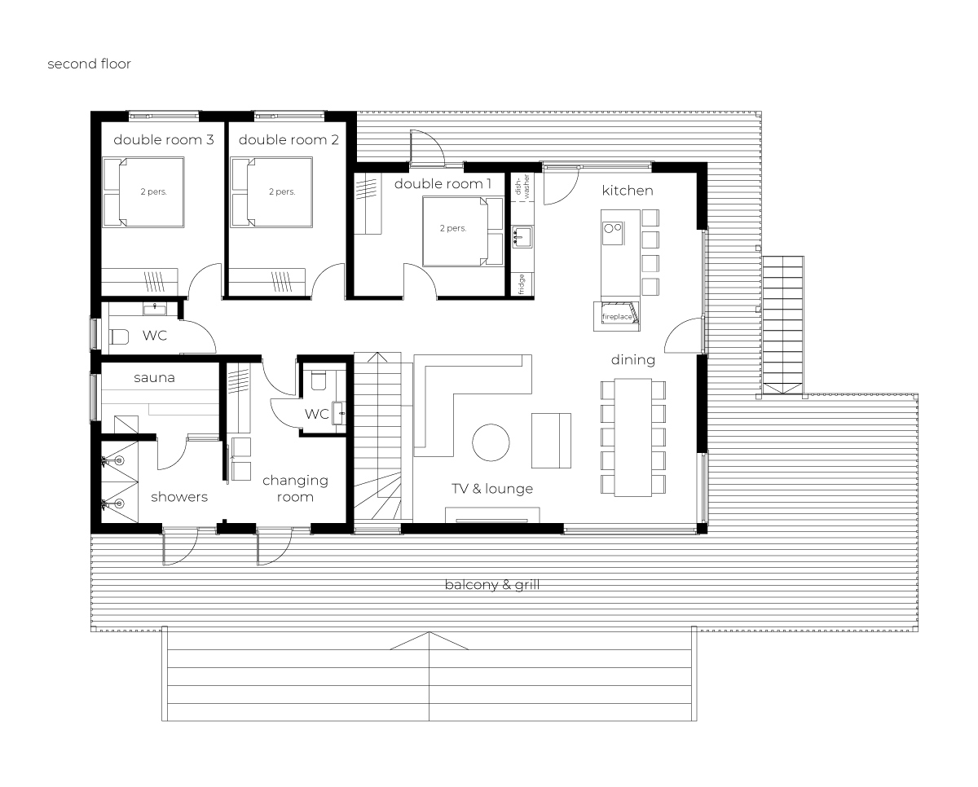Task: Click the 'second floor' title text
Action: (89, 64)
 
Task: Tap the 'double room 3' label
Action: (164, 139)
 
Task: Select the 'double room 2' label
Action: (289, 139)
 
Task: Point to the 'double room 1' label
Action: (443, 183)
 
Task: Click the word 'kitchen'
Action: (628, 191)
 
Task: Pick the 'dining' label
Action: (632, 360)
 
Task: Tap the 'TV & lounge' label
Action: (492, 489)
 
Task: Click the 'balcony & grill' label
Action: (492, 584)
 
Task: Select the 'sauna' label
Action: (154, 377)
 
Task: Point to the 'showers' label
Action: (179, 497)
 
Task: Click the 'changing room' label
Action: (295, 489)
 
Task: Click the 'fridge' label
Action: (522, 284)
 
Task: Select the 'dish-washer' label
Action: (522, 187)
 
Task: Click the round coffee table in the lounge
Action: (491, 442)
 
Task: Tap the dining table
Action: (633, 437)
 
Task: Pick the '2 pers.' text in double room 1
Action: (453, 228)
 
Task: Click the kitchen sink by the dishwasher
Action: (522, 237)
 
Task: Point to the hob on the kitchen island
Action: (613, 233)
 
